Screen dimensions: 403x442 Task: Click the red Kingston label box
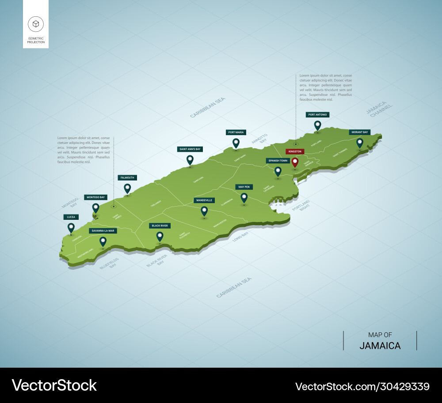tap(295, 151)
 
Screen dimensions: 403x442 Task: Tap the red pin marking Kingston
tap(295, 162)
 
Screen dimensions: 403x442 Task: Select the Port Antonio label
tap(317, 115)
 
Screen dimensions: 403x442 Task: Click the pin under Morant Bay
tap(360, 143)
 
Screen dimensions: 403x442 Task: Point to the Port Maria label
tap(236, 132)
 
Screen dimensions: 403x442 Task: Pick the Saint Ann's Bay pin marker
tap(190, 160)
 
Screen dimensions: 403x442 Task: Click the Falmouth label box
tap(127, 177)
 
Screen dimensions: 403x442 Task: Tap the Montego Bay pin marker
tap(95, 207)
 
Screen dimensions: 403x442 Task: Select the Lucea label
tap(71, 217)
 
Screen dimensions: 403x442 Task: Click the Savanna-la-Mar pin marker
tap(103, 241)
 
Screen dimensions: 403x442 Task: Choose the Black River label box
tap(160, 226)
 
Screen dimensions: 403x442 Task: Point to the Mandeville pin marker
tap(204, 211)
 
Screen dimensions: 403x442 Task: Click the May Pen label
tap(244, 187)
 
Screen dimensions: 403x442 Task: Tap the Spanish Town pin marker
tap(278, 171)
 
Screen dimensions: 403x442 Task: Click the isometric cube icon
tap(36, 23)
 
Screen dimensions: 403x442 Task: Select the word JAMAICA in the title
tap(380, 346)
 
